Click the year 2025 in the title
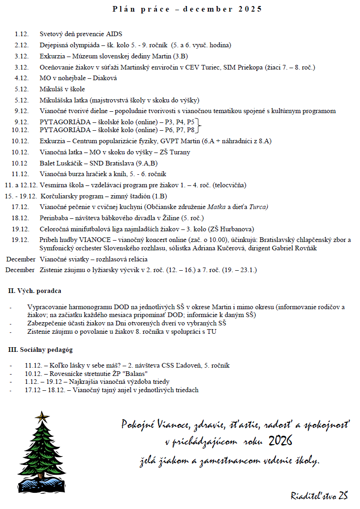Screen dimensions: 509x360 pos(251,9)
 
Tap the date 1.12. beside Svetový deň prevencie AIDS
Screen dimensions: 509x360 pos(21,34)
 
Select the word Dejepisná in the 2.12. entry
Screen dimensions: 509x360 pos(55,45)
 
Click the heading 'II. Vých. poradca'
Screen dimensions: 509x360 pos(35,291)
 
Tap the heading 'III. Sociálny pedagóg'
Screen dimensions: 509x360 pos(40,350)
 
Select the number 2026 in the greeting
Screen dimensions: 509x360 pos(280,440)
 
